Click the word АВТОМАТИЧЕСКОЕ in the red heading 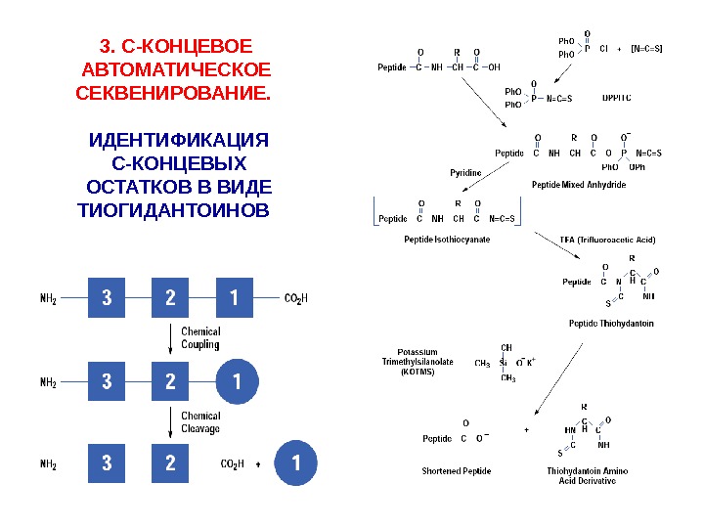pos(175,70)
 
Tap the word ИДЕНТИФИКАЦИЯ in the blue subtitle pos(177,140)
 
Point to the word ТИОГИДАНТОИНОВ pos(171,211)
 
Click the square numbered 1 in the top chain pos(234,297)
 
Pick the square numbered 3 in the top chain pos(107,297)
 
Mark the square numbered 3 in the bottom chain pos(107,463)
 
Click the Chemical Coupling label pos(200,337)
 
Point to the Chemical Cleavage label pos(200,422)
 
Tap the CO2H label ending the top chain pos(295,298)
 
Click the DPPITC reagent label pos(616,98)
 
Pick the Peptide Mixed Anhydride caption pos(579,184)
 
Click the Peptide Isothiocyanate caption pos(447,240)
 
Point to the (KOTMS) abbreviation pos(417,372)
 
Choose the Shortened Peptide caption pos(456,471)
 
